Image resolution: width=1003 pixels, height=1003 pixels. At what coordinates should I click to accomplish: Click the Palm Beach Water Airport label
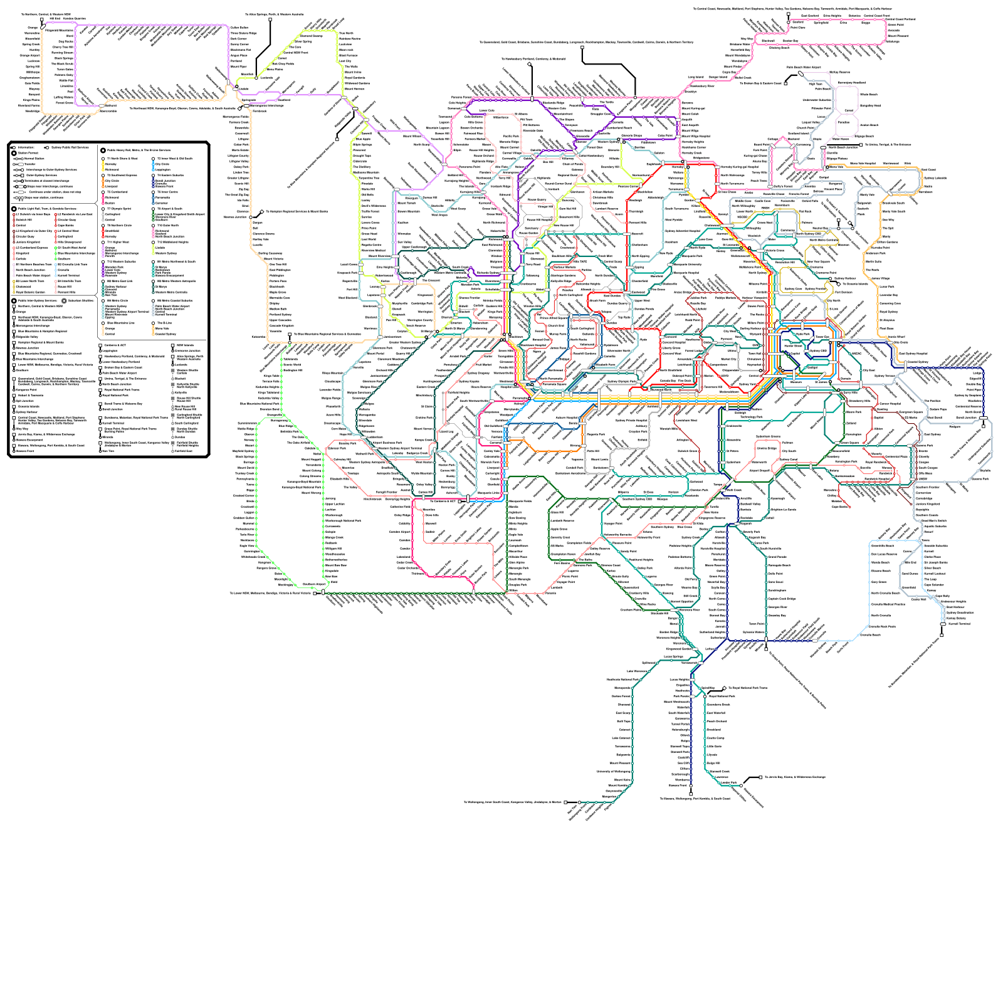tap(803, 66)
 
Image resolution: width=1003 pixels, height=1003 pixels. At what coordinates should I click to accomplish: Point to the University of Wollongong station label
tap(613, 771)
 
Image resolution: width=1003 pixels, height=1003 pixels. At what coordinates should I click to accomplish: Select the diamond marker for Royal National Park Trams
tap(725, 688)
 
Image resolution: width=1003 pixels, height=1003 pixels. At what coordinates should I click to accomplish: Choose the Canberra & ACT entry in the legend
tap(115, 345)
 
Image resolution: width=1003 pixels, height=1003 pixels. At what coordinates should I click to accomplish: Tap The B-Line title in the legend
tap(164, 323)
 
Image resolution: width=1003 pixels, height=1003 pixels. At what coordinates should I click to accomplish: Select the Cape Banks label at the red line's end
tap(839, 507)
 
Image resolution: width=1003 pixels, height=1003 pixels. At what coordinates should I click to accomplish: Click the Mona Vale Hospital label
tap(863, 164)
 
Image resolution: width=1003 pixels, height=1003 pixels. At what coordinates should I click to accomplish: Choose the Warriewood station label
tap(890, 164)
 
